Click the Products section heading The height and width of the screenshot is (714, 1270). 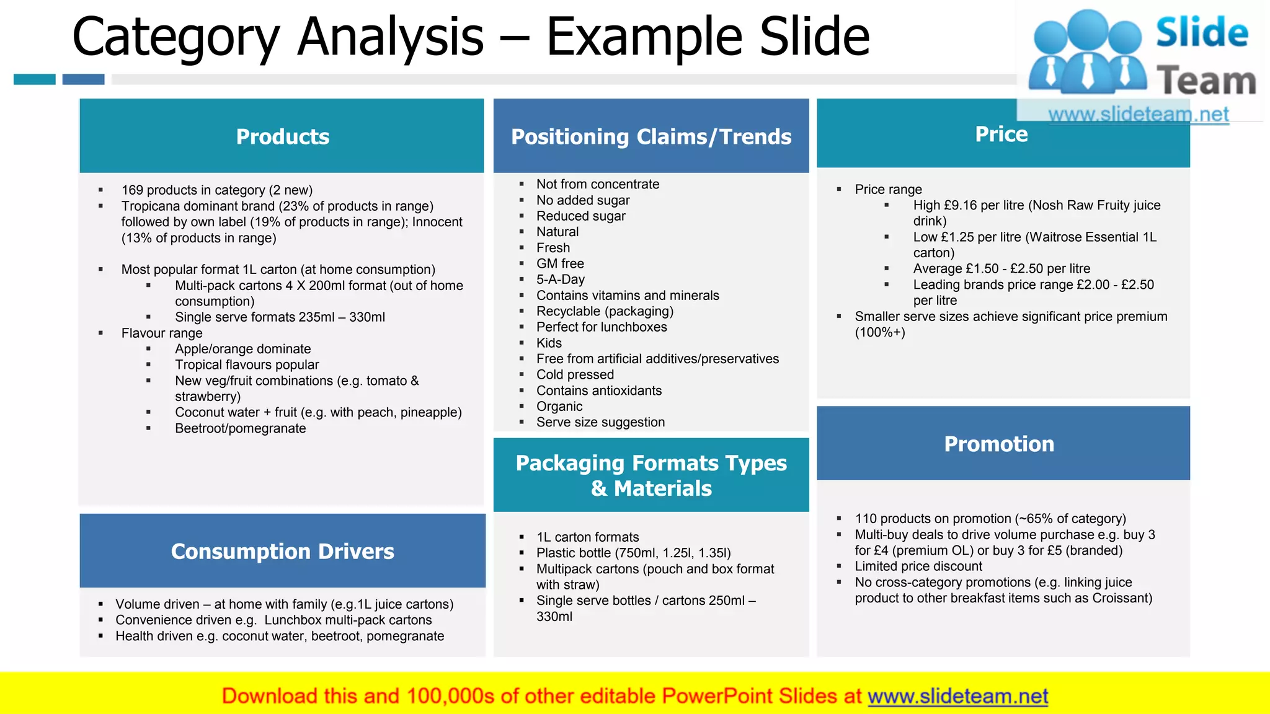point(282,136)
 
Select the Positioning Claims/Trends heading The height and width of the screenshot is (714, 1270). point(651,136)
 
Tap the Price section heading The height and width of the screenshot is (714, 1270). point(1001,134)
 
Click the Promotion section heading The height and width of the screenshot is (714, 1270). point(998,444)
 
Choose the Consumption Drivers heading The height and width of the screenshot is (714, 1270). point(282,551)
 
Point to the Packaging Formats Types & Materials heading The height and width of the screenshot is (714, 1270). point(651,475)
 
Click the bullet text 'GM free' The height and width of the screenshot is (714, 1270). point(559,263)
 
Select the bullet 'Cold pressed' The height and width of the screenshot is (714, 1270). point(575,374)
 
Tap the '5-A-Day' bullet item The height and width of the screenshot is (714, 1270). point(560,280)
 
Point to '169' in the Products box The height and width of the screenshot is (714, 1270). point(132,190)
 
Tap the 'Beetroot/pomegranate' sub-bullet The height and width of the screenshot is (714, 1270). point(240,428)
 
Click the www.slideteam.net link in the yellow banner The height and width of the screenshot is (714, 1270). point(957,696)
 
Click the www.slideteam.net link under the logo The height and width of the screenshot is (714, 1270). point(1138,114)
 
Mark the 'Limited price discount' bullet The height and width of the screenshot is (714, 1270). point(918,566)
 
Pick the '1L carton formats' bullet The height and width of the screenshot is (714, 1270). point(587,537)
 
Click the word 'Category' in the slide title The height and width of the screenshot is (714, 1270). point(175,37)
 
